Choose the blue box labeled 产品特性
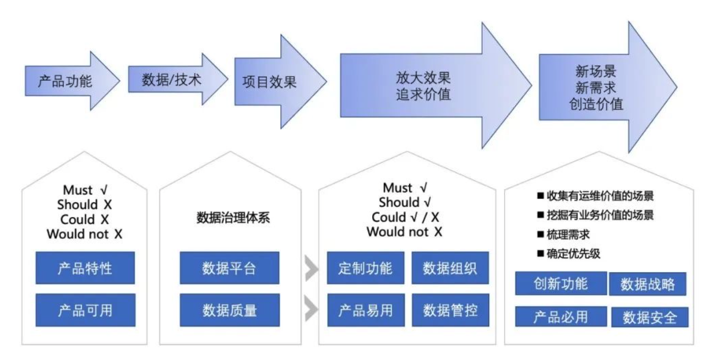coord(85,268)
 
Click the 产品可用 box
coord(85,310)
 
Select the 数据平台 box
coord(229,268)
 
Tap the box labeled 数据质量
coord(229,310)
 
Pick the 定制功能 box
coord(365,268)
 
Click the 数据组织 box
coord(450,268)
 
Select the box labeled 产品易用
coord(365,310)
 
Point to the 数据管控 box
coord(450,310)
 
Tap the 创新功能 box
coord(560,283)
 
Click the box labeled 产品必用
coord(560,316)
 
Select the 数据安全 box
coord(649,317)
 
